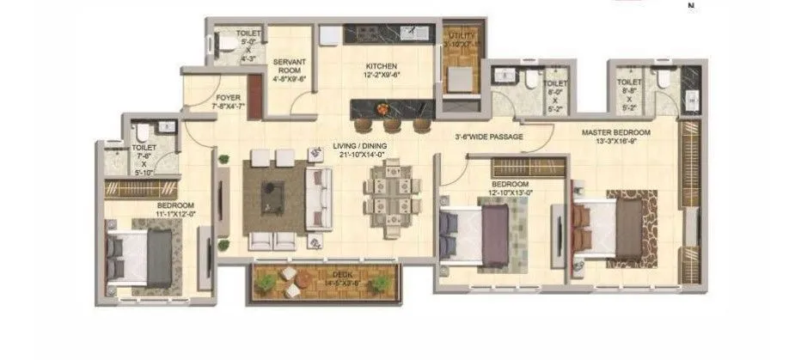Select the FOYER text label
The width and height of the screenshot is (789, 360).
228,98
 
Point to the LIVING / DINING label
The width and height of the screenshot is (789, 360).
360,147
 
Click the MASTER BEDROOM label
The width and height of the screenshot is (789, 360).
615,132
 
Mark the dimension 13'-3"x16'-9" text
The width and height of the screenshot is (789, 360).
615,143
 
